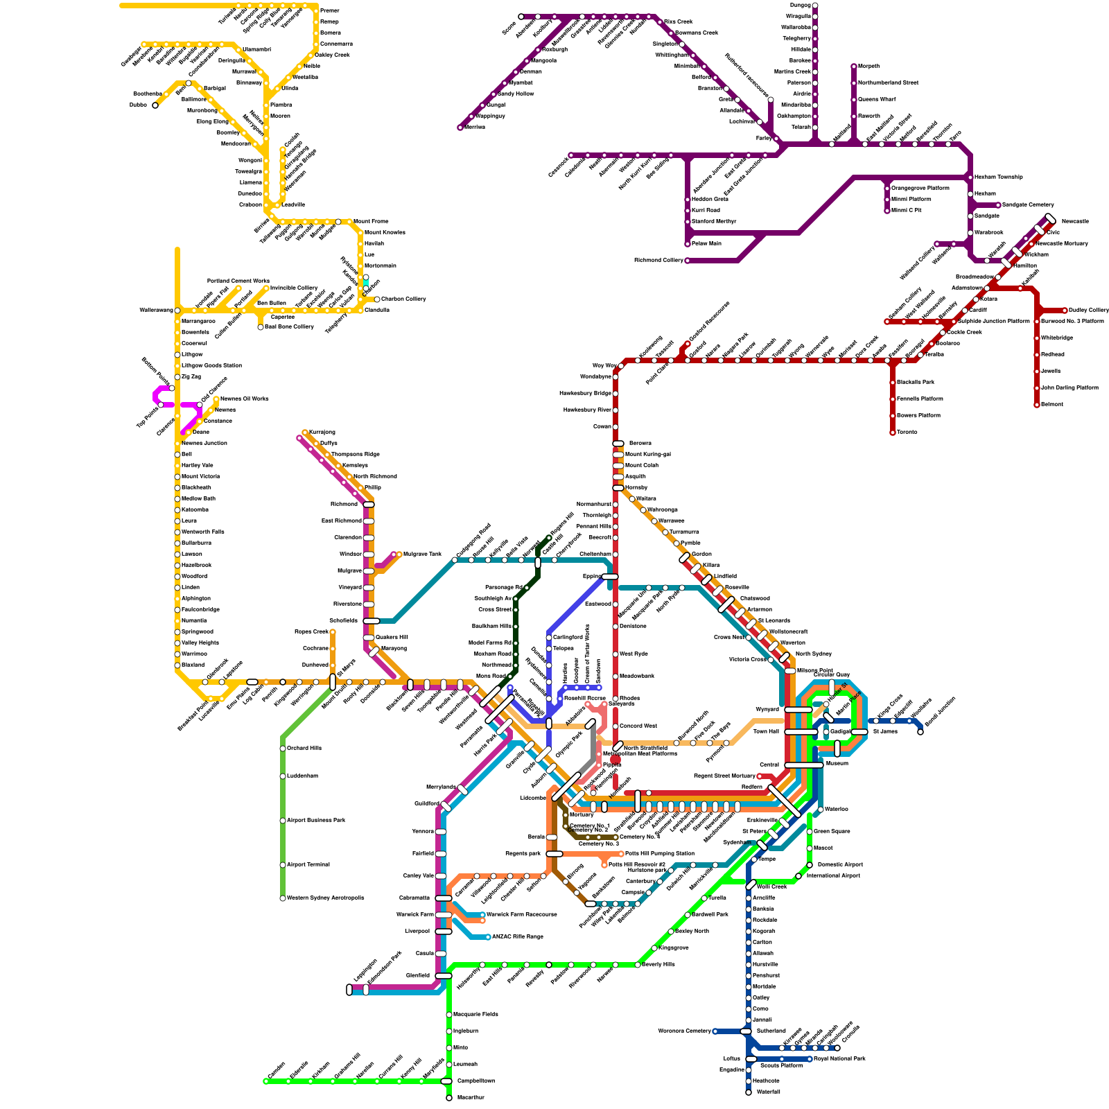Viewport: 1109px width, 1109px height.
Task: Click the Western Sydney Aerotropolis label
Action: click(325, 898)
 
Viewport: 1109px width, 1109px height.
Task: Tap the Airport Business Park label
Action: click(316, 821)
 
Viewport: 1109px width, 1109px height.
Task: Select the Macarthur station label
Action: click(471, 1098)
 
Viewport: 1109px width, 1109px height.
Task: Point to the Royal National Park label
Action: click(839, 1059)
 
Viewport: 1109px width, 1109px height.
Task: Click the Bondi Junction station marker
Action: click(920, 732)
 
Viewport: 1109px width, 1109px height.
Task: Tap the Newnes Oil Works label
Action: click(244, 399)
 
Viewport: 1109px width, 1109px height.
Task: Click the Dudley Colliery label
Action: click(1089, 311)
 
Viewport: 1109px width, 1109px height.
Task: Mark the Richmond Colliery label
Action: click(658, 261)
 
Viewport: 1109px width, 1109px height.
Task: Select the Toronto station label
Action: click(907, 433)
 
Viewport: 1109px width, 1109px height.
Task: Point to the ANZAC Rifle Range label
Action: click(518, 937)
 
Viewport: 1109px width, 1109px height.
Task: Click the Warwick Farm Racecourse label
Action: click(522, 915)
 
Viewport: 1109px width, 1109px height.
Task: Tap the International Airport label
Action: click(833, 876)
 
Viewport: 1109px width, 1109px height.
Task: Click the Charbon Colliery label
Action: click(403, 299)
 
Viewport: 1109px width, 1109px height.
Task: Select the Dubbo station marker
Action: click(155, 105)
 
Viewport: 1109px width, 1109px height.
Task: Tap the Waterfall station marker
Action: click(749, 1092)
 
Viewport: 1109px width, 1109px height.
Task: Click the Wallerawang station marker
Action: click(177, 311)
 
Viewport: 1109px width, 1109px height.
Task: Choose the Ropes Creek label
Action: click(311, 632)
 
